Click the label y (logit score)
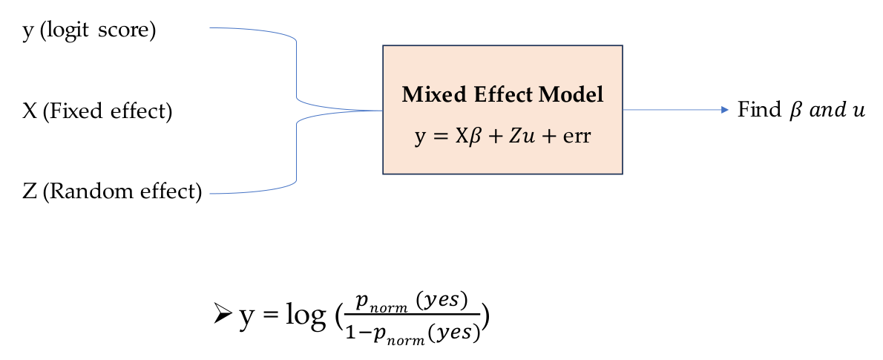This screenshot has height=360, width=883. click(89, 33)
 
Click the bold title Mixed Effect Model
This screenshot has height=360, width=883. click(502, 95)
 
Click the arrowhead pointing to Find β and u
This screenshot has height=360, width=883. click(725, 110)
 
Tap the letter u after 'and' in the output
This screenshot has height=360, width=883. click(859, 111)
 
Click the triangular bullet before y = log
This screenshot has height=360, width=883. click(223, 315)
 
